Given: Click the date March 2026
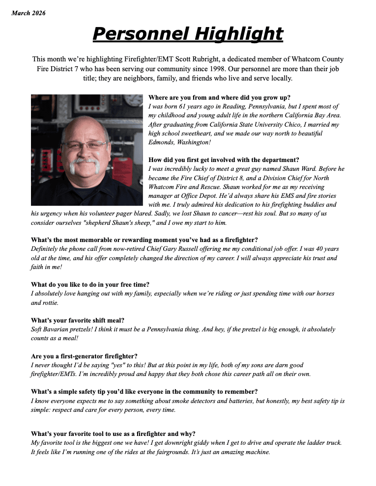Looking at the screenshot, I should pos(28,13).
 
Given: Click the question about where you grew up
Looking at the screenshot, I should pos(219,97).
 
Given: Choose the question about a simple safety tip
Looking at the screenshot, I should pos(144,392).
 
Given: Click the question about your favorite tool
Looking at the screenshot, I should pos(113,433).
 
